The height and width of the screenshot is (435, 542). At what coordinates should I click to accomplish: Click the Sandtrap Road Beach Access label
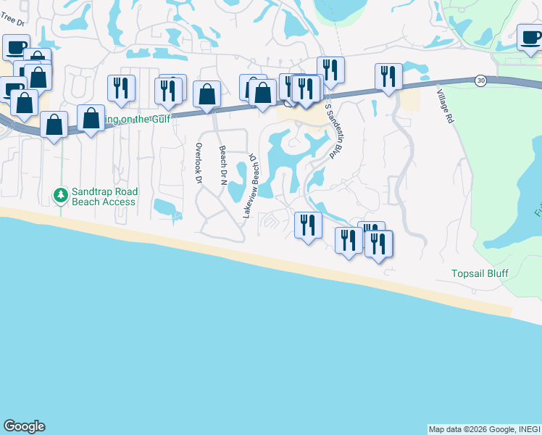104,196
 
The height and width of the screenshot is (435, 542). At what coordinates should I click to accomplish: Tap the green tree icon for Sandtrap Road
60,195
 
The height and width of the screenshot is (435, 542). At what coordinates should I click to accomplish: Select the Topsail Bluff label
479,273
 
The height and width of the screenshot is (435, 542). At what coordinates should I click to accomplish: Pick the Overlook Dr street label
197,161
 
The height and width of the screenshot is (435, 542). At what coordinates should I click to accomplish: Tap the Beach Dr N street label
223,165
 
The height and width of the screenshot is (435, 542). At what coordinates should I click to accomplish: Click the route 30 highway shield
481,80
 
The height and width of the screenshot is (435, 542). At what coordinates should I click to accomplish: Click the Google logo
24,426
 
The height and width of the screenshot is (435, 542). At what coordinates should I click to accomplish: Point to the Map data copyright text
484,429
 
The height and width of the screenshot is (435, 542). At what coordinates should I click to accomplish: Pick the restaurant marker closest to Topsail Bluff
378,244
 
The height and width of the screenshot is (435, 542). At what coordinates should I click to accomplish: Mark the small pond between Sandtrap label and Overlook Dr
167,207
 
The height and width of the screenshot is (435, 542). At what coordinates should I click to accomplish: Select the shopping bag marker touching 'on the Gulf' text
91,119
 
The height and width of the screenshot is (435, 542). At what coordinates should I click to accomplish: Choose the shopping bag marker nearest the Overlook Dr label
207,94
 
